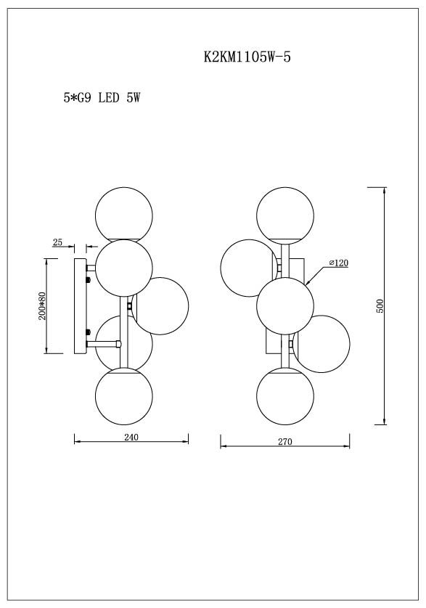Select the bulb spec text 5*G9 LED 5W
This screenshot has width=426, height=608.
pos(101,98)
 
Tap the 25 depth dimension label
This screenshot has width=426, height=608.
pos(58,242)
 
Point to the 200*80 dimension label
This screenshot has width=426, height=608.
pos(43,306)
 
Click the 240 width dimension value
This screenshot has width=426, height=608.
pos(131,437)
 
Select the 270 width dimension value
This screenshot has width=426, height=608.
pos(284,442)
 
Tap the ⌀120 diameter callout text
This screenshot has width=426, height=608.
pos(338,263)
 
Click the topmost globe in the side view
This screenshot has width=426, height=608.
pos(124,213)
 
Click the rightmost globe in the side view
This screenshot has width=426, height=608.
pos(160,305)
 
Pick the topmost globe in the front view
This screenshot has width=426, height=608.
pos(284,213)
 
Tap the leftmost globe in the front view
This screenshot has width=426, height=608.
pos(248,268)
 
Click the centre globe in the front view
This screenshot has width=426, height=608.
pos(284,305)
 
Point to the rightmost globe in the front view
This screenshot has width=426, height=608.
pos(321,342)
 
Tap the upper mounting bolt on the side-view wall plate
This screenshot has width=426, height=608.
pos(89,279)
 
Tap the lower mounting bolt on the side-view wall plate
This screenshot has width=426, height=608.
pos(89,334)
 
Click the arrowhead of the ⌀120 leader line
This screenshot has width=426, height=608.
pos(308,282)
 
